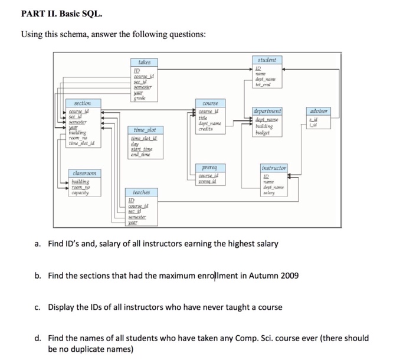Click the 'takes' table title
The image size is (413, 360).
(x=145, y=62)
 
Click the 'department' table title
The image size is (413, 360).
(x=267, y=110)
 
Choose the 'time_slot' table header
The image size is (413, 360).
(x=144, y=129)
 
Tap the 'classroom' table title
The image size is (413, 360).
(x=85, y=173)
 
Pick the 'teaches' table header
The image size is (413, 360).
(x=141, y=192)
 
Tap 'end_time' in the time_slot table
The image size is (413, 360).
(x=141, y=155)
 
